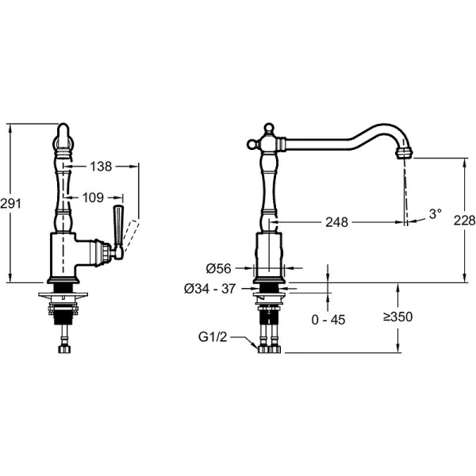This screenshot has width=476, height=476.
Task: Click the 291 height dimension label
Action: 10,203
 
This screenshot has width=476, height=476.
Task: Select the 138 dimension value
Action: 101,167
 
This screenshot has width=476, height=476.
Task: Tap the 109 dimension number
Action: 93,198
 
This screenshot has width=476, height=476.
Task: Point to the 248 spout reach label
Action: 336,222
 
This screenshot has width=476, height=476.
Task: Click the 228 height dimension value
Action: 464,221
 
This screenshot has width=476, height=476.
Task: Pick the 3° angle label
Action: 435,213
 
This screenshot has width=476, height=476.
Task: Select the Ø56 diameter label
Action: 219,268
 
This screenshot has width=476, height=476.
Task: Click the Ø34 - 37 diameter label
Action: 209,289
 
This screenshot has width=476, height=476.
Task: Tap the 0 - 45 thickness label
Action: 328,320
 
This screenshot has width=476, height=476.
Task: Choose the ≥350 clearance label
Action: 397,317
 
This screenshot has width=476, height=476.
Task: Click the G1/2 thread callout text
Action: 213,337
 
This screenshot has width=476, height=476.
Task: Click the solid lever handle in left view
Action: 117,224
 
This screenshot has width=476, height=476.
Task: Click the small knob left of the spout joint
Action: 251,144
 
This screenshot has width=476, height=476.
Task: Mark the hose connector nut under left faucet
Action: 64,349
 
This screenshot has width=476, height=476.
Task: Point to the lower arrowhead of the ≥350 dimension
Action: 398,348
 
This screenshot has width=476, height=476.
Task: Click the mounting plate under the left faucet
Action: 63,295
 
